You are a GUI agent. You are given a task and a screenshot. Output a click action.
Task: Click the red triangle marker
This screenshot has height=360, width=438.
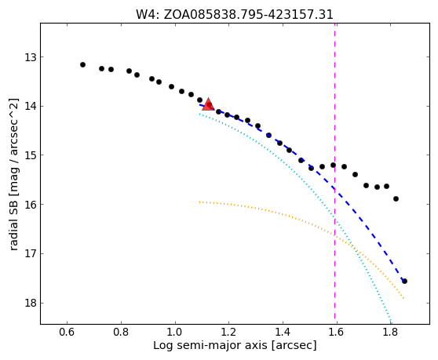point(208,104)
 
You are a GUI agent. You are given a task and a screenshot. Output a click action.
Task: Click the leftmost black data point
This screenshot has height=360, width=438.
point(82,65)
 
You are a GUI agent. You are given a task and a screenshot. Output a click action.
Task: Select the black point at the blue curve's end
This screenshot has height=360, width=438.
point(404,281)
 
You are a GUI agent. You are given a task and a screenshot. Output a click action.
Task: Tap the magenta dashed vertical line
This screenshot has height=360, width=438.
point(334,173)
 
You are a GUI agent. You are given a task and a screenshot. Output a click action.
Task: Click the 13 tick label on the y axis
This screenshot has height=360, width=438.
point(31,57)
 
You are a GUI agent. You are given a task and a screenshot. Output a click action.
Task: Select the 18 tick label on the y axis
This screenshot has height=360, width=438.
point(31,303)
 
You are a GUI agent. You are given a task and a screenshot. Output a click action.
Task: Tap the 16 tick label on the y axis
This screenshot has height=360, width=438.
point(31,204)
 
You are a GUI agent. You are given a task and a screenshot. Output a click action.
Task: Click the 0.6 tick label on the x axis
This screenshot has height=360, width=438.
point(67,332)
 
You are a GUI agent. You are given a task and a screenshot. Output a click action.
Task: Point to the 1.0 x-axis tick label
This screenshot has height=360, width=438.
point(175,332)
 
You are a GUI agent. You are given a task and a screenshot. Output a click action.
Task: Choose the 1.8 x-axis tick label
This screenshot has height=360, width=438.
point(391,332)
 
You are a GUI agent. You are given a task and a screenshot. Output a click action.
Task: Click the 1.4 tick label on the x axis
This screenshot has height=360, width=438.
point(283,332)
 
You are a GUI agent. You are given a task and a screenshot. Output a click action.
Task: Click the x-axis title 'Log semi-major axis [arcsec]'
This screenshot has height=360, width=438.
point(235,345)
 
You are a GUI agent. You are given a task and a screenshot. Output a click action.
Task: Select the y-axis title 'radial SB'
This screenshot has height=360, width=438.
point(13,227)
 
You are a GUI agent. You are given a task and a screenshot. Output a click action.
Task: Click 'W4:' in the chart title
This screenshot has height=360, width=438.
point(148,15)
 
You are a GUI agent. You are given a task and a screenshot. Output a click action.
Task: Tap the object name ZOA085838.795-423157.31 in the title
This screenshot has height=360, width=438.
point(248,15)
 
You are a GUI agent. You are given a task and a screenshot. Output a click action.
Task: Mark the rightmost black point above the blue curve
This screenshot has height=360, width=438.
point(396,198)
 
